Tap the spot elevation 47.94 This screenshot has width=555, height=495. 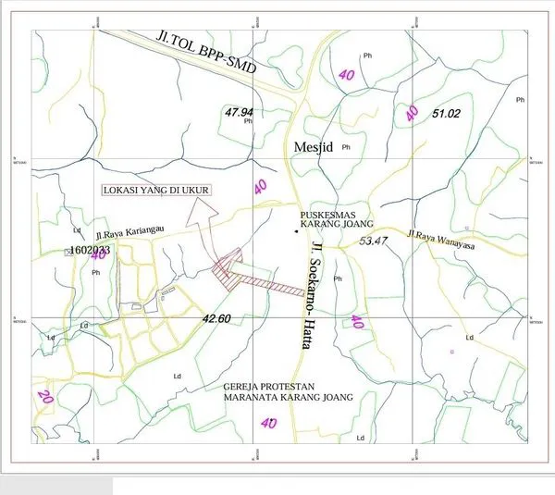click(239, 111)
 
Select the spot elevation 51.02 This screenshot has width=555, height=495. click(446, 114)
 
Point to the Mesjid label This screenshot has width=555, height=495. click(313, 146)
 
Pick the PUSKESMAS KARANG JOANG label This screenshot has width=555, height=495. click(337, 219)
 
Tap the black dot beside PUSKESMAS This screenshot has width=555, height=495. click(297, 230)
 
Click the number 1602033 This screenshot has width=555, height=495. click(91, 250)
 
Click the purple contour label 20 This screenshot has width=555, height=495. click(43, 395)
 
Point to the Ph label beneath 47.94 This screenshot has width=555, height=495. click(247, 121)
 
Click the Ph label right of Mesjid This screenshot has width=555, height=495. click(347, 147)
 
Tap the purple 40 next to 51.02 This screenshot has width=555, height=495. click(413, 113)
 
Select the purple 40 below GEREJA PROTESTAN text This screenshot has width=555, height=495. click(269, 423)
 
